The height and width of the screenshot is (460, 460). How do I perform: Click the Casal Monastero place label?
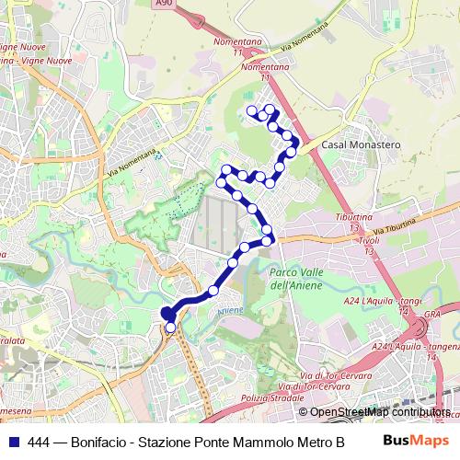[358, 145]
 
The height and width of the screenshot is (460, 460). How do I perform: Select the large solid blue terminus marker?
[167, 314]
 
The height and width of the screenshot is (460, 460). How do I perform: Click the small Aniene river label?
[230, 311]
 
